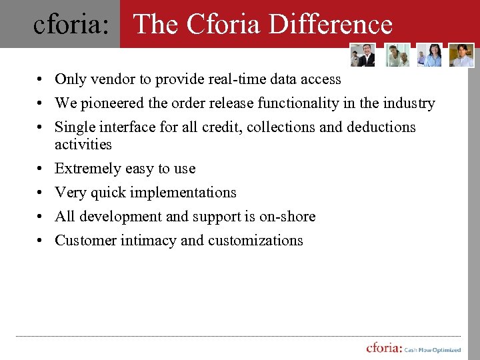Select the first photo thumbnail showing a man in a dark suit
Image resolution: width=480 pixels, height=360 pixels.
(x=363, y=55)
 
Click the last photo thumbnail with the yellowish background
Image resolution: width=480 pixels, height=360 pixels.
(x=461, y=55)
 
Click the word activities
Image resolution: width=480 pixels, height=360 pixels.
(x=83, y=144)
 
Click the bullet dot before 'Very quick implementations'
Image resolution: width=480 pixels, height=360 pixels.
(x=41, y=193)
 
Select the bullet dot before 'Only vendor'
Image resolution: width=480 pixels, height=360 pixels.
(x=41, y=80)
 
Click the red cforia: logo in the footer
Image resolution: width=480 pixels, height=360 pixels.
(x=383, y=348)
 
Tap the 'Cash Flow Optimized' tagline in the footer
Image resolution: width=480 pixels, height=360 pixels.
(x=433, y=350)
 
